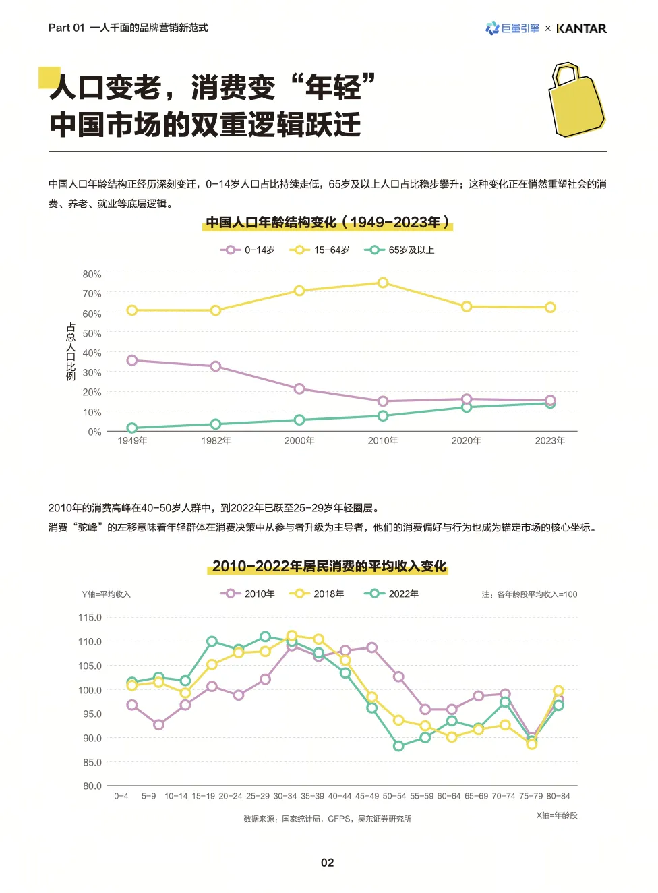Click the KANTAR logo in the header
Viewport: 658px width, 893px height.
pos(581,28)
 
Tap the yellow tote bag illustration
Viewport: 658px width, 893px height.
pos(576,101)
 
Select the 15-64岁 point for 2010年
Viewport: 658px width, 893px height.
pos(383,283)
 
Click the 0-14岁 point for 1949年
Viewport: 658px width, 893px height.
pos(132,360)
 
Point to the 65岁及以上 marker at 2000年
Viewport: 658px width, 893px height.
pos(299,420)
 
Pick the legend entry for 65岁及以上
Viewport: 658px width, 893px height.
pos(400,250)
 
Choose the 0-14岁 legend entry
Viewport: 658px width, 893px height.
pos(248,250)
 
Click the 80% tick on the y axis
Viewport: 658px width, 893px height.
pos(92,274)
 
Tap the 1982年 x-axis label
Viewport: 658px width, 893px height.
pos(216,440)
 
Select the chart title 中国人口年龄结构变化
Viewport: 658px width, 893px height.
pos(328,222)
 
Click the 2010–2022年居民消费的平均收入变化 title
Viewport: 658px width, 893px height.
pos(328,566)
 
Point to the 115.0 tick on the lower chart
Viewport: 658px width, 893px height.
pos(90,617)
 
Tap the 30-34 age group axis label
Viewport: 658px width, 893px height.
pos(285,796)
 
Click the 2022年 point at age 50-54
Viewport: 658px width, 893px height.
pos(398,745)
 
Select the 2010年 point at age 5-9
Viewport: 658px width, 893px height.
pos(158,724)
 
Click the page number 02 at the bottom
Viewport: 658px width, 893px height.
pos(328,862)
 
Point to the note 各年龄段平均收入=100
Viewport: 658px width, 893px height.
pos(529,594)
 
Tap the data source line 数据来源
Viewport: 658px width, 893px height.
pos(327,819)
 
